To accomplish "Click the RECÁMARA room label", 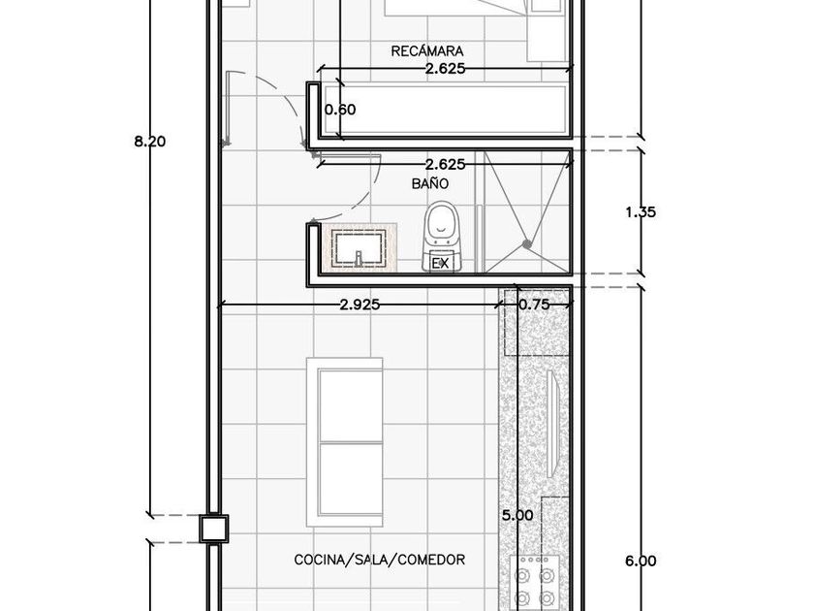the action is pos(426,50).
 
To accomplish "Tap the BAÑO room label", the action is pos(430,183).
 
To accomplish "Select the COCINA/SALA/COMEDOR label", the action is pos(380,560).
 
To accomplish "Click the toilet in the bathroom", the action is pos(441,237).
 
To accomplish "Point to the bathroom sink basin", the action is pos(359,248).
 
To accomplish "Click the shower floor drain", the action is pos(527,243).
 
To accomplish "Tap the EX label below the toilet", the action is pos(441,263).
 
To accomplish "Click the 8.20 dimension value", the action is pos(150,141).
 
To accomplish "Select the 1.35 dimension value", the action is pos(641,212).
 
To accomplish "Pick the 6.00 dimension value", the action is pos(641,561).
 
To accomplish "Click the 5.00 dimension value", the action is pos(517,515).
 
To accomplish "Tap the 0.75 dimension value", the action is pos(534,305).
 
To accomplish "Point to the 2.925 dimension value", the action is pos(360,305).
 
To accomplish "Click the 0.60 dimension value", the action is pos(340,110).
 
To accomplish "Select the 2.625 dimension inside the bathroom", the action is pos(445,165).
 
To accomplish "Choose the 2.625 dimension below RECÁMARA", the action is pos(445,69).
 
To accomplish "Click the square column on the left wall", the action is pos(214,529).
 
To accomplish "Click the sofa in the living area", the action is pos(345,442).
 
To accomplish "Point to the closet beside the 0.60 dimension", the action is pos(446,110).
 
